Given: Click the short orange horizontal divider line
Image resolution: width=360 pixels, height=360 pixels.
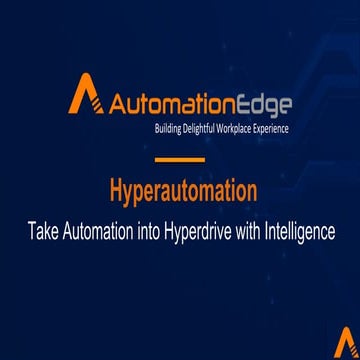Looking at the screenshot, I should (x=180, y=161).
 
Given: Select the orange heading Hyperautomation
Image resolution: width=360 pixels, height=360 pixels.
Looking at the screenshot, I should (x=181, y=191).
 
